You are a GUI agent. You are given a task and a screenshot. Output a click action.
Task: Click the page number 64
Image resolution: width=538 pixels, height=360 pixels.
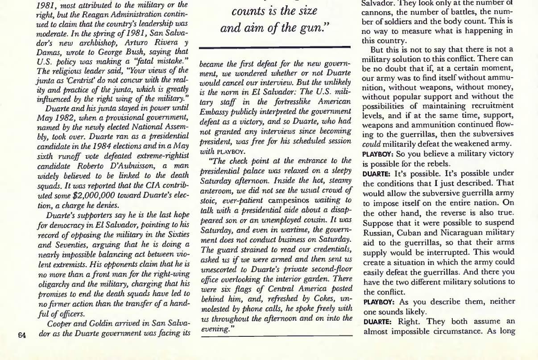tap(21, 335)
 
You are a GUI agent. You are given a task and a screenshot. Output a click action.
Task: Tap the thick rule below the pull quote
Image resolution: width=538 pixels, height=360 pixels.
tap(275, 47)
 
